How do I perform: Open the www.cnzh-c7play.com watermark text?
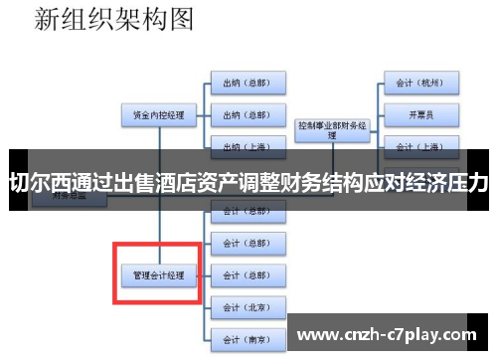point(391,331)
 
